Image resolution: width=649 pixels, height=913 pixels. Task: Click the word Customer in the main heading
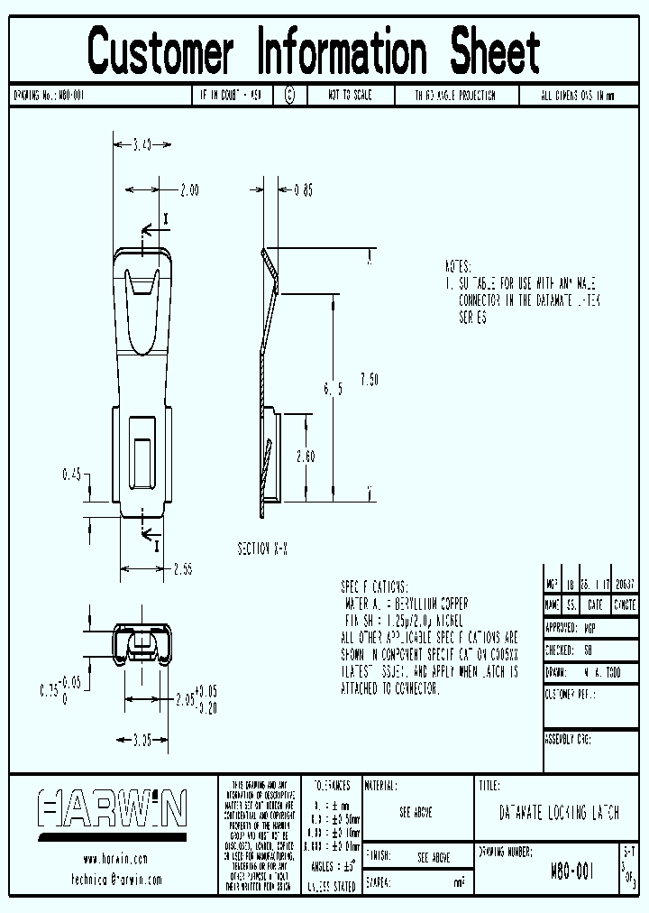(x=161, y=51)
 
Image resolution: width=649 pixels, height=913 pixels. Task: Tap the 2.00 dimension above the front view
(x=188, y=190)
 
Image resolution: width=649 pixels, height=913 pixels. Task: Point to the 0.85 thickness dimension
(x=304, y=190)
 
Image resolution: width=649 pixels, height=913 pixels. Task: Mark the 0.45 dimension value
(x=73, y=474)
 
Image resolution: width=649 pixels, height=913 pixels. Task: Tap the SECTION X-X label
(x=262, y=549)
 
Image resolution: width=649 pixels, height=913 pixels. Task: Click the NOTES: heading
(x=458, y=268)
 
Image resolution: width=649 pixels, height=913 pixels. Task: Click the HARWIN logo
(x=112, y=808)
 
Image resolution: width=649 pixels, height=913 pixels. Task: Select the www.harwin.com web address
(x=114, y=859)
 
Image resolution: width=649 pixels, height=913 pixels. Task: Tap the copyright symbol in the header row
(x=289, y=95)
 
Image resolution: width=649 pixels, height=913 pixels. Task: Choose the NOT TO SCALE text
(x=350, y=95)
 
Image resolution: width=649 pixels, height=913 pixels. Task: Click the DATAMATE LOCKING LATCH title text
(x=559, y=813)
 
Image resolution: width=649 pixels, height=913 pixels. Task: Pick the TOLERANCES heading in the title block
(x=331, y=786)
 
